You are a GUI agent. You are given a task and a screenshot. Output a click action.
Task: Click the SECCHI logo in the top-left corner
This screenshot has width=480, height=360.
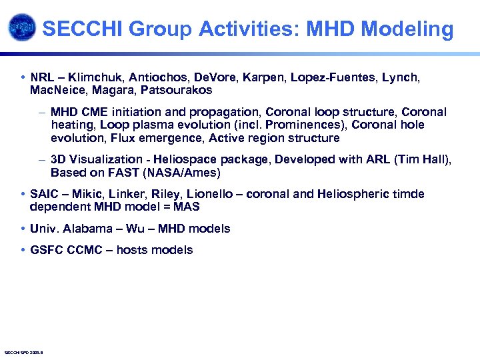tap(21, 28)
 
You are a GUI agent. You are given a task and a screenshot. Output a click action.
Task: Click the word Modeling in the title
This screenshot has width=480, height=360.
tap(411, 29)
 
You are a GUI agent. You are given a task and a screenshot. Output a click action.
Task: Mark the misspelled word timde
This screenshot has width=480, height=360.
tap(409, 194)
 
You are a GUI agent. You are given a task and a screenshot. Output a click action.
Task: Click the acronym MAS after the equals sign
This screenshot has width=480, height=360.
tap(186, 207)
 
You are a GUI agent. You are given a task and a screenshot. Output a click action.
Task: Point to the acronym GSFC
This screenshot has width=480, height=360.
tap(45, 250)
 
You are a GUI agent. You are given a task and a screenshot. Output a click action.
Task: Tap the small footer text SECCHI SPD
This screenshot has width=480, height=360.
tap(23, 352)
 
